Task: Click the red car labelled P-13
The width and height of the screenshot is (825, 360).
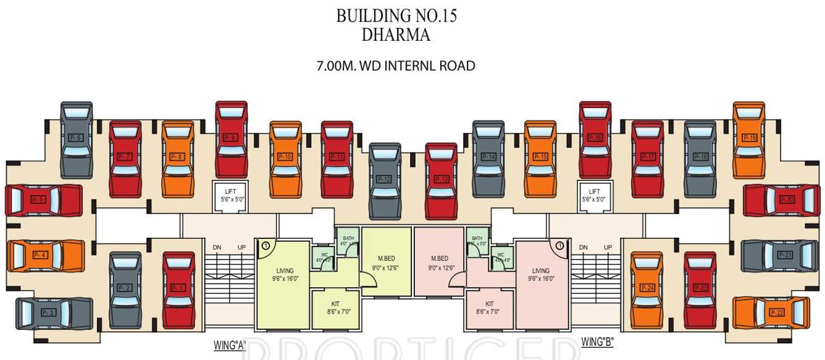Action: (x=441, y=180)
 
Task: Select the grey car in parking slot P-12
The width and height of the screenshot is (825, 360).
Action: (x=384, y=180)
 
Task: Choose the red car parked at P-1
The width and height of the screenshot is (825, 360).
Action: (x=178, y=288)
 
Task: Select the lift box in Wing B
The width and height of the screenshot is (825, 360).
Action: (x=594, y=196)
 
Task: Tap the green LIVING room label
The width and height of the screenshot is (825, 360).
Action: (x=285, y=274)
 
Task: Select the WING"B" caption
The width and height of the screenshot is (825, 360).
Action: (x=597, y=341)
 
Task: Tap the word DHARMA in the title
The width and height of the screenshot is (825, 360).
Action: (x=395, y=35)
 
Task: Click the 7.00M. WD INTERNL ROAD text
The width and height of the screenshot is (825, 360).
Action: (x=396, y=65)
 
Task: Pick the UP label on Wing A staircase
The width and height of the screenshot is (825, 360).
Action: (x=241, y=248)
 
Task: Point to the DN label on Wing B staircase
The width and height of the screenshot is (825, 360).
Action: (x=583, y=248)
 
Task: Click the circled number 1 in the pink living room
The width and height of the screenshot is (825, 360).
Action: (x=559, y=246)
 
